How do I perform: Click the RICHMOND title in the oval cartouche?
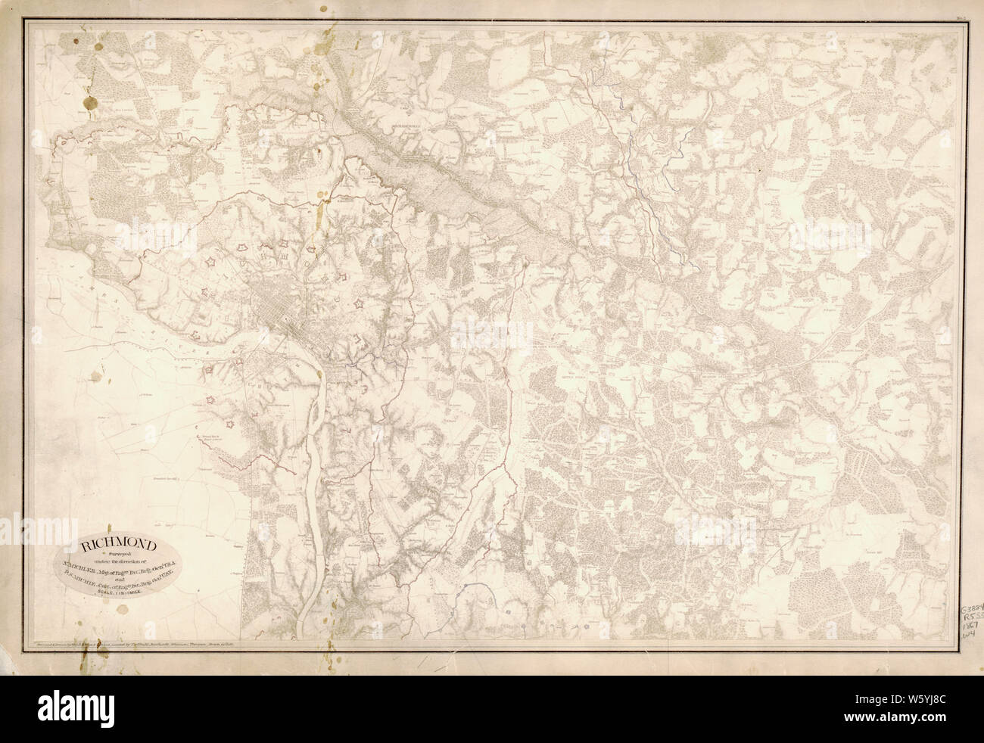click(120, 542)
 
